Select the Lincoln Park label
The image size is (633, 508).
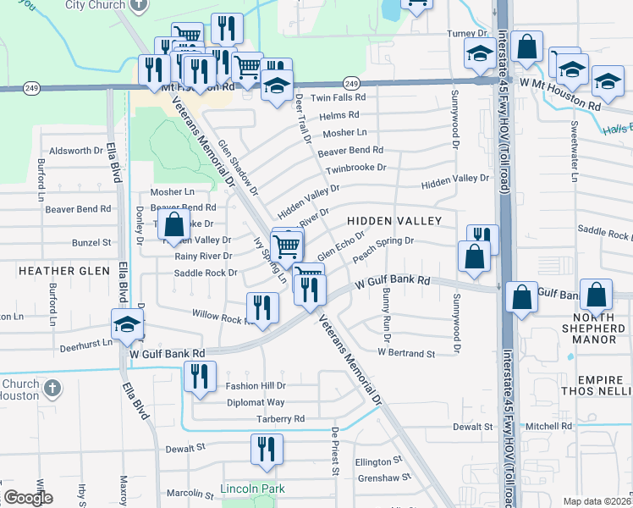click(252, 489)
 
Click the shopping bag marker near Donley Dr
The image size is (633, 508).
click(173, 225)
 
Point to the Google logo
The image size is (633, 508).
click(27, 498)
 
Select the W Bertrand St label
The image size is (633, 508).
click(405, 352)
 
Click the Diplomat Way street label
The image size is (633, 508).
click(256, 403)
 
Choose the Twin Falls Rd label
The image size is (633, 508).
click(338, 97)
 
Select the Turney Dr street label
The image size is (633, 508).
click(464, 34)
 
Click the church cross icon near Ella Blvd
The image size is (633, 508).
click(52, 388)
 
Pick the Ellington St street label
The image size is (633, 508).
click(377, 461)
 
